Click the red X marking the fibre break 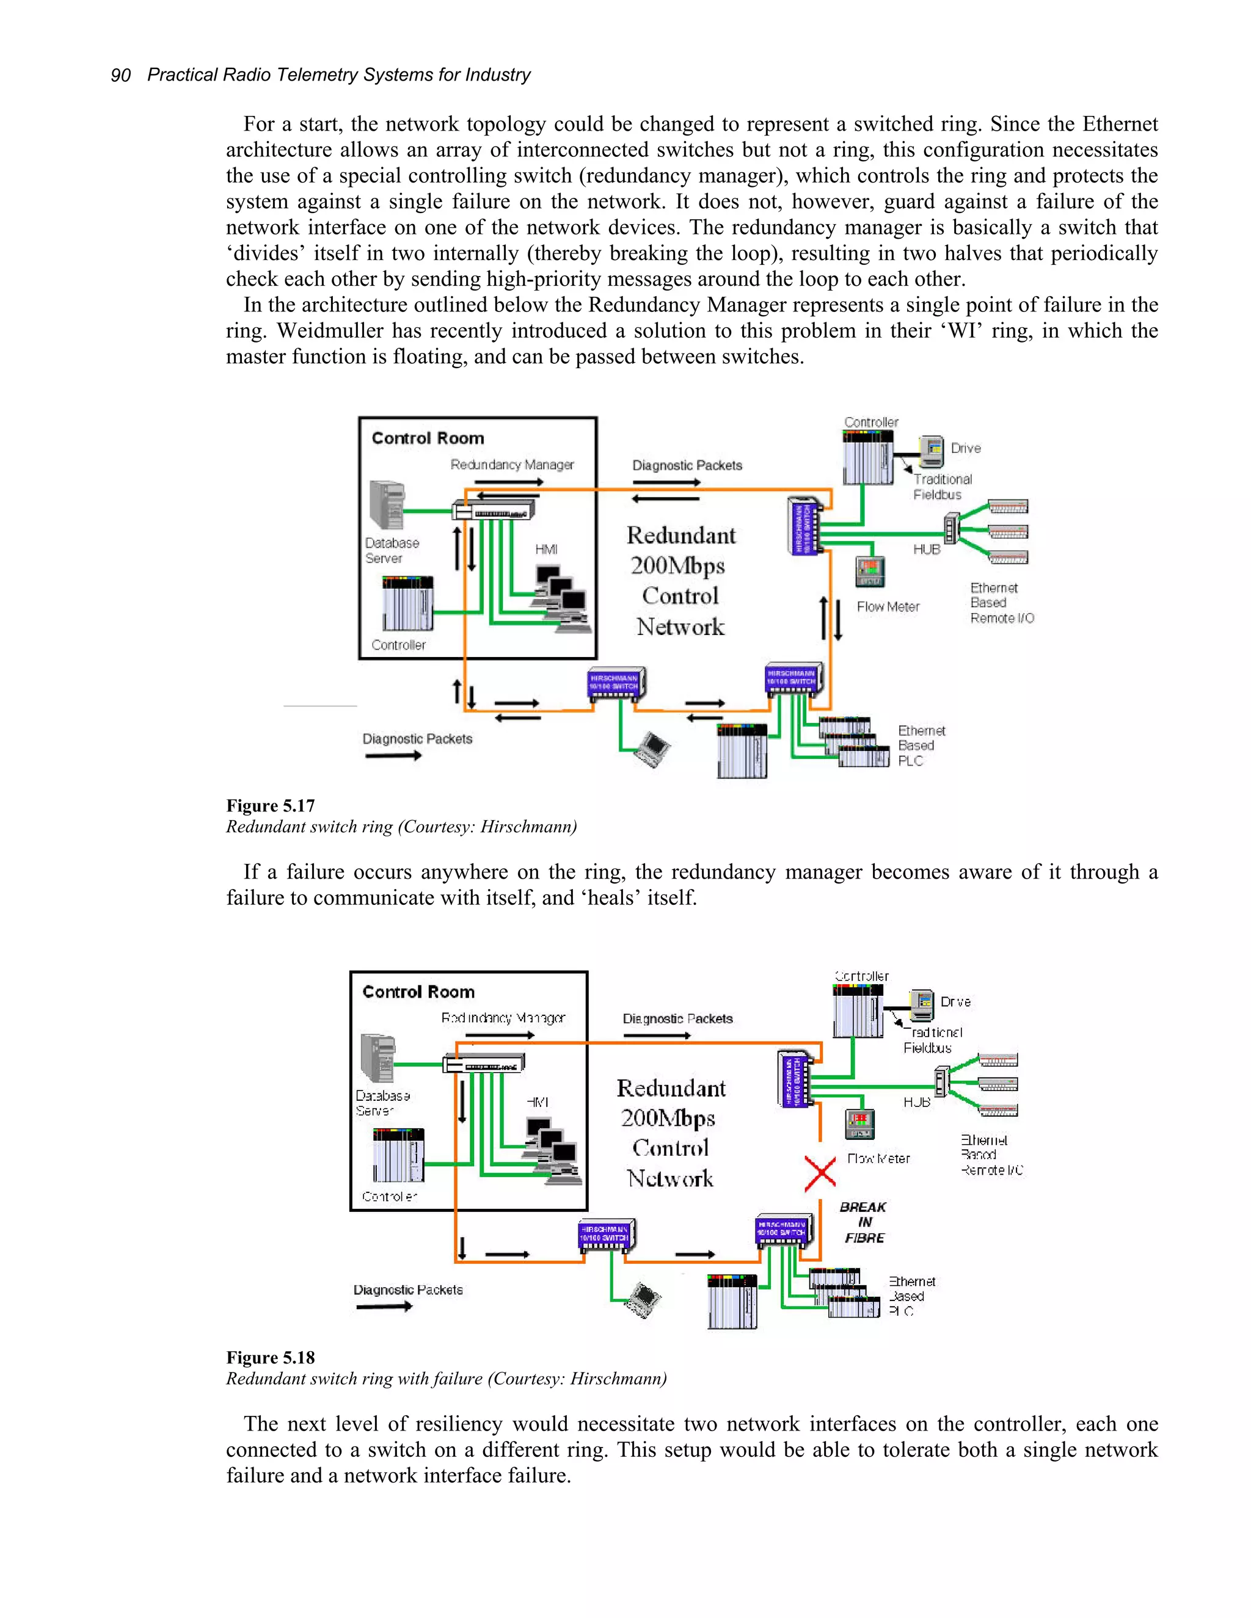tap(820, 1174)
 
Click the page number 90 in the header tap(121, 76)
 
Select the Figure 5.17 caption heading tap(271, 806)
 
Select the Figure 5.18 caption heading tap(271, 1358)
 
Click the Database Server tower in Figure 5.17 tap(387, 506)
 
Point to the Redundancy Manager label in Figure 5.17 tap(512, 465)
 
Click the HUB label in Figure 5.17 tap(927, 549)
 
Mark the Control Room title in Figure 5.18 tap(418, 992)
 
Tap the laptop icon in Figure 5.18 tap(643, 1300)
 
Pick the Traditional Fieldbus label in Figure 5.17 tap(941, 487)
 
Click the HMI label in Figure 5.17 tap(546, 549)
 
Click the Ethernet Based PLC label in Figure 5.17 tap(921, 746)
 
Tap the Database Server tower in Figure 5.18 tap(378, 1059)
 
